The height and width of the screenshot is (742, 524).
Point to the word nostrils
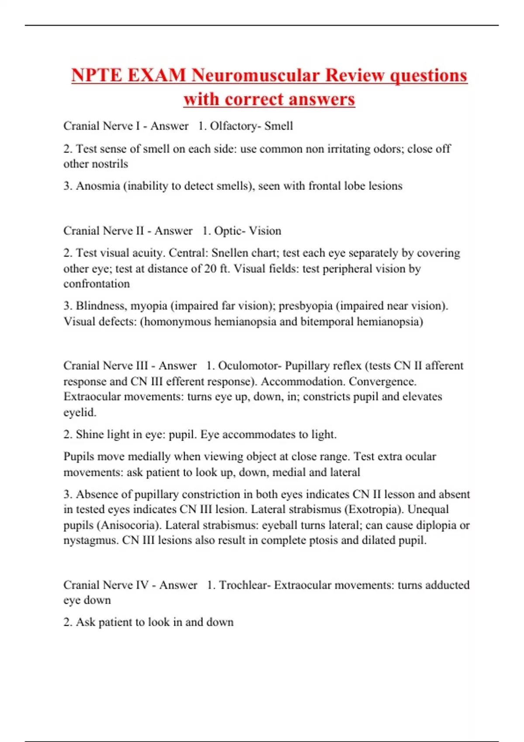click(108, 164)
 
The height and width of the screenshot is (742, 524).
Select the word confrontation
click(97, 284)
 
